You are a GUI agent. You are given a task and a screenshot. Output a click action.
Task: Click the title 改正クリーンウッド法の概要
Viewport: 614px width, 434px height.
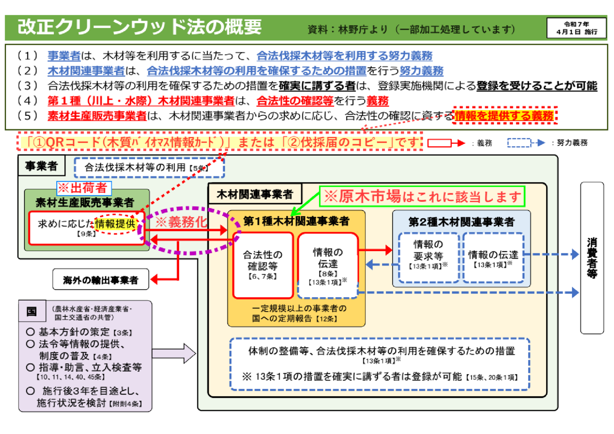point(139,27)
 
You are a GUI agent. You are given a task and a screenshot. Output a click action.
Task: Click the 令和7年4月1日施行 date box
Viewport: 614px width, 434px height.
point(576,28)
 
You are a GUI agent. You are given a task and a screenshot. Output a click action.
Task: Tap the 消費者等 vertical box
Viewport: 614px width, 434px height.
point(592,258)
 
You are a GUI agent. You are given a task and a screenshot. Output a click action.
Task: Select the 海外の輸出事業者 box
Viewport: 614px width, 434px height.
point(101,280)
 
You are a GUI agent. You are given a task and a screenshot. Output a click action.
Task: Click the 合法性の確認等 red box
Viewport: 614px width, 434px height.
point(263,265)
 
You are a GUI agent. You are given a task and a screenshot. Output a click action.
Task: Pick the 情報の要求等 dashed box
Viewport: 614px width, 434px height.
point(428,257)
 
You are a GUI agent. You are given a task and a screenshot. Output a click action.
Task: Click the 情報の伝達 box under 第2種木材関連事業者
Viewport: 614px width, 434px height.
point(493,257)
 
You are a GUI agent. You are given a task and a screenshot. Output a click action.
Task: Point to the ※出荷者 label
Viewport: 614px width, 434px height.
point(84,188)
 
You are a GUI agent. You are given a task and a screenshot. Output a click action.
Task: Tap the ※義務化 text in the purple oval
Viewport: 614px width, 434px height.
point(181,222)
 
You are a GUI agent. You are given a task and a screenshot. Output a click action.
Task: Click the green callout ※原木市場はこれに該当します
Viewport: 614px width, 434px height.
point(422,197)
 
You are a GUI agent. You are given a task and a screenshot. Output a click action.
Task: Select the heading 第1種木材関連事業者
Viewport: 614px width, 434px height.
point(296,221)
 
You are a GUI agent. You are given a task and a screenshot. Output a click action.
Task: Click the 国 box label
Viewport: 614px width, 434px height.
point(32,312)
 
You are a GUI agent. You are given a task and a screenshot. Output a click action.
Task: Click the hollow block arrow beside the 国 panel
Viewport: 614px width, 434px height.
point(174,353)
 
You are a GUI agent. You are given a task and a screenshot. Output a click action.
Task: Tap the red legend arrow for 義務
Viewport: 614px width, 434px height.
point(446,143)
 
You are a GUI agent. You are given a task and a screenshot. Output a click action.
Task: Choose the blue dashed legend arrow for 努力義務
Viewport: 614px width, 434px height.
point(526,143)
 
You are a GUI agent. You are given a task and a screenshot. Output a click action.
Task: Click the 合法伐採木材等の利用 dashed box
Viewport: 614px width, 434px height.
point(149,168)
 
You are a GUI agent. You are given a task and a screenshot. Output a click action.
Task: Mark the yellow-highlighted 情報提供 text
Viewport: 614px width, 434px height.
point(115,223)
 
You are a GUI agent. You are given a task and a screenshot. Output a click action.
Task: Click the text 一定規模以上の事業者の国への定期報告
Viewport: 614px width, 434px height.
point(299,313)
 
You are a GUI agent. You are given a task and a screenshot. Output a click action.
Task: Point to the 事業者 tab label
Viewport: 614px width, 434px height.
point(41,166)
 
